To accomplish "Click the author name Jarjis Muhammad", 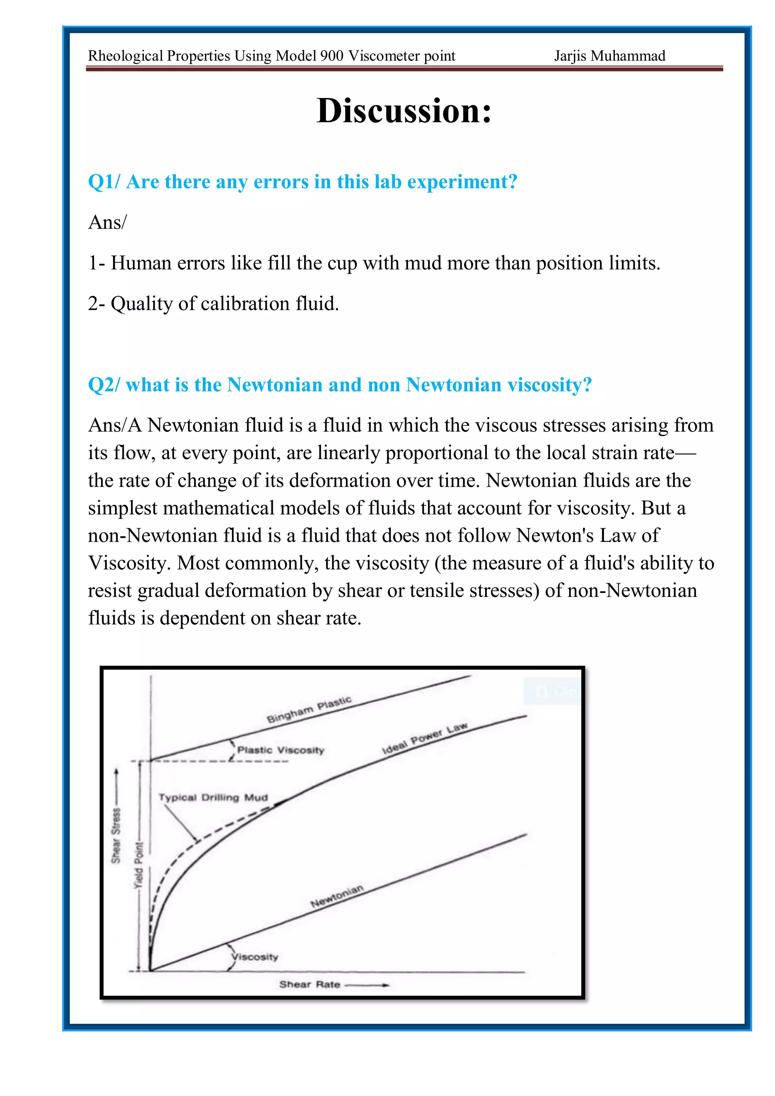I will (609, 56).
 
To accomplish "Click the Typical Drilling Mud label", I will (213, 798).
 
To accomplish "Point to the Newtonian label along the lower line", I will (337, 896).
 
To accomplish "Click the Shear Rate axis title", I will (310, 984).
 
